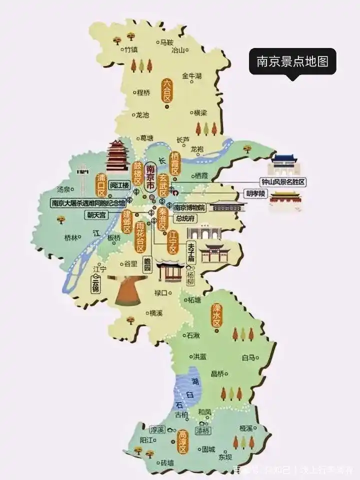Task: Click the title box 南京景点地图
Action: tap(292, 61)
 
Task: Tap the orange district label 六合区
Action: tap(166, 90)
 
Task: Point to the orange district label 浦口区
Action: tap(101, 184)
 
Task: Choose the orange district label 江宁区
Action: tap(173, 242)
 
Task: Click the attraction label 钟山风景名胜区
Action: tap(283, 182)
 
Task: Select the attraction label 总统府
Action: tap(184, 218)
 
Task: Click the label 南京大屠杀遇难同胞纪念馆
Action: tap(88, 203)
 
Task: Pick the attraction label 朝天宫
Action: tap(96, 214)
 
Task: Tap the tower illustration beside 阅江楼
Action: tap(118, 156)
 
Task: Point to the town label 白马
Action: tap(248, 357)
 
